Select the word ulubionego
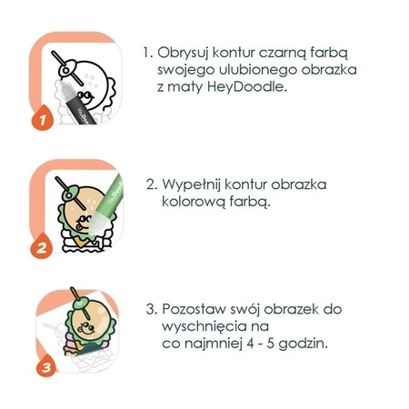251,72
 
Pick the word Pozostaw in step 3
197,308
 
